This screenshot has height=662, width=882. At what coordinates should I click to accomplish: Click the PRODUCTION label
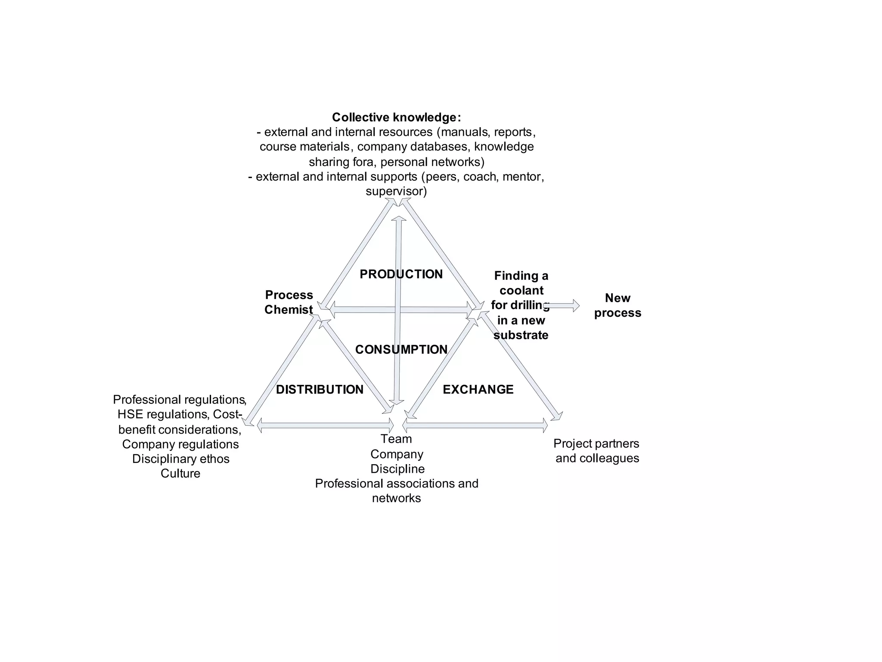tap(401, 274)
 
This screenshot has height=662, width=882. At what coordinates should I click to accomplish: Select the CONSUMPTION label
tap(401, 350)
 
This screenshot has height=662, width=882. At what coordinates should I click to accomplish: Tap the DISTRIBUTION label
tap(320, 390)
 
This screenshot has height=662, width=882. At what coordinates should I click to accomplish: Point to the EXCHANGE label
tap(478, 390)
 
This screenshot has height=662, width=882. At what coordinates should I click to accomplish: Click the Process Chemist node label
tap(289, 302)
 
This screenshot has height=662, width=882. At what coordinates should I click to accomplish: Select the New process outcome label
tap(618, 305)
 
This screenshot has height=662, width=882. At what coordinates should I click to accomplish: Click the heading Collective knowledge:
tap(396, 117)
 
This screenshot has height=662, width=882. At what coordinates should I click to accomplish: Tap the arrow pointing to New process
tap(563, 306)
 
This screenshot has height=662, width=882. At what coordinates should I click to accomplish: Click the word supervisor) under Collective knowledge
tap(396, 191)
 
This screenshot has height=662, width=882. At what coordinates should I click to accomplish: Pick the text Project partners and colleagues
tap(597, 451)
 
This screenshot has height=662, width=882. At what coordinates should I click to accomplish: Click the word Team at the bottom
tap(396, 439)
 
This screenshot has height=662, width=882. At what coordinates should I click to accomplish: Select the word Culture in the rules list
tap(180, 473)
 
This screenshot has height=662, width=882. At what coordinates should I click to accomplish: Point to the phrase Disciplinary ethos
tap(181, 459)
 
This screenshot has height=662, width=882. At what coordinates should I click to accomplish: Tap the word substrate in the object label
tap(521, 335)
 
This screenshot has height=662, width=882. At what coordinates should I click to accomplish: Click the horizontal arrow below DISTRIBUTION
tap(325, 426)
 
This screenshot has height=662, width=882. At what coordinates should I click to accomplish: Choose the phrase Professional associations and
tap(396, 484)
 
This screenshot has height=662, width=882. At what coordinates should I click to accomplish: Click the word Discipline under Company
tap(398, 469)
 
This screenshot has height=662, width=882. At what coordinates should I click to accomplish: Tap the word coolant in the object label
tap(522, 290)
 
